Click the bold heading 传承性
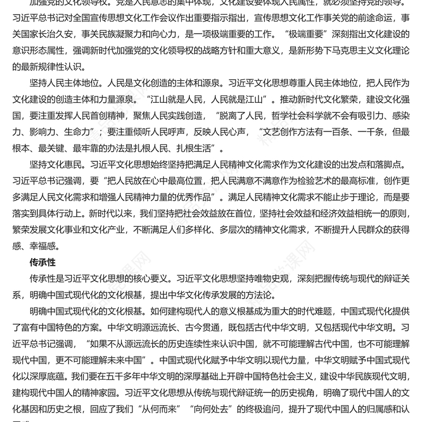point(42,261)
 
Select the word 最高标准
point(333,179)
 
